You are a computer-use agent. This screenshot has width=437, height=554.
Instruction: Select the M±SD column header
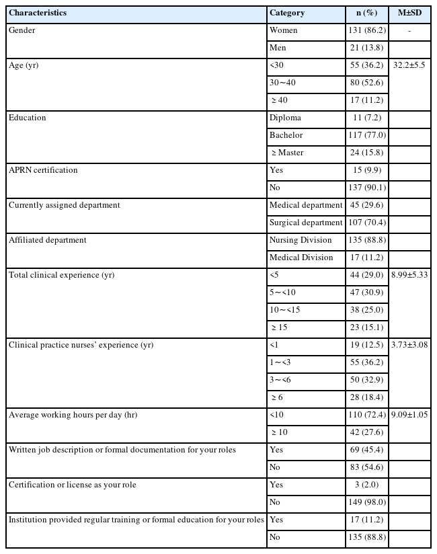point(409,13)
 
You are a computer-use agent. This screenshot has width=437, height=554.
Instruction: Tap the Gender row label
point(22,30)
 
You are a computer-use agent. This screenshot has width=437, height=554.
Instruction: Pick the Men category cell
point(278,48)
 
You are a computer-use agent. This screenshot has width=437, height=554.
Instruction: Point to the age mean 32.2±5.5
point(409,65)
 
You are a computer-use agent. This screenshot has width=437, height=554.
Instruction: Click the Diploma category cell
point(285,118)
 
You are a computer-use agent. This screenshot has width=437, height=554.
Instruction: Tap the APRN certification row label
point(43,170)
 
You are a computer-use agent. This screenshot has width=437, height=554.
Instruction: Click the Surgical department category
point(306,223)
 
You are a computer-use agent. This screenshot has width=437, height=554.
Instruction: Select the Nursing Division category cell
point(301,240)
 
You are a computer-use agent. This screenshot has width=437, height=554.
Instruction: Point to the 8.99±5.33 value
point(409,275)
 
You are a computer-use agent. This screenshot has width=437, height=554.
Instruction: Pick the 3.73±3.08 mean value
point(409,345)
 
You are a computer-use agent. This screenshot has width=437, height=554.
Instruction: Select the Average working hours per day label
point(73,415)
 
